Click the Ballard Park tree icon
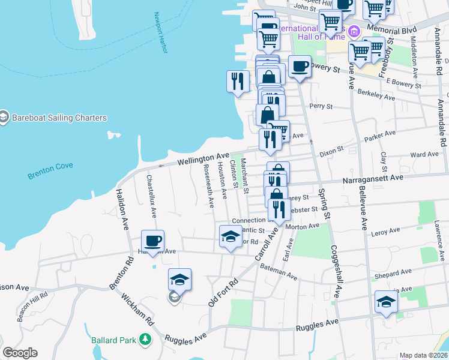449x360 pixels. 145,340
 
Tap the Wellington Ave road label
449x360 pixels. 203,159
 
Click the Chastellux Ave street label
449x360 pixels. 151,196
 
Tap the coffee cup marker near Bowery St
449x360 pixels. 300,66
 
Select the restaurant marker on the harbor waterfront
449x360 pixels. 238,81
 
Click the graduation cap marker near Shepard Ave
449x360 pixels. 386,302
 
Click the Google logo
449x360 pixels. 20,353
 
